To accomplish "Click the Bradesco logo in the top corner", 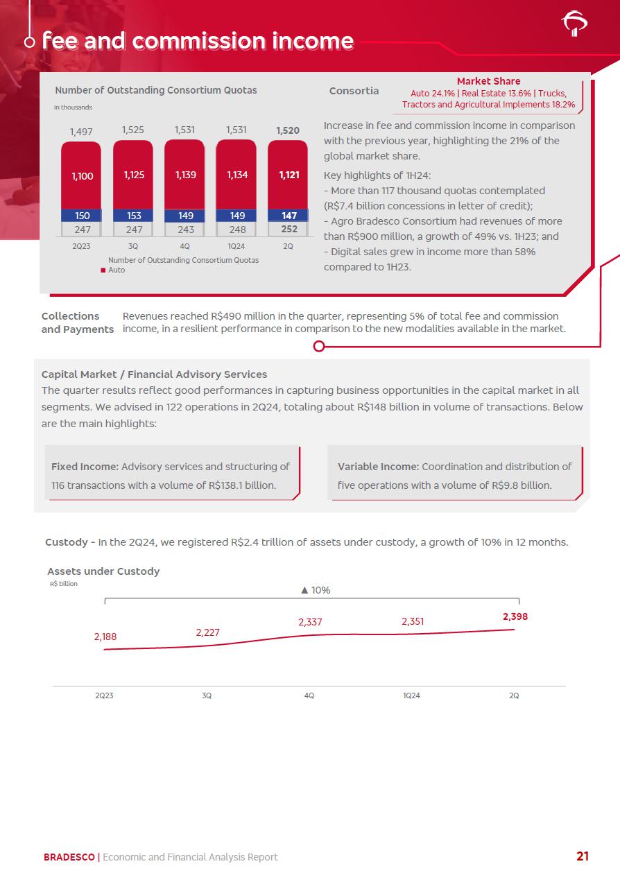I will [574, 24].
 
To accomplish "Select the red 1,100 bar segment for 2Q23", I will [82, 176].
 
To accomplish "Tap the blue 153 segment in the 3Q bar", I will [134, 216].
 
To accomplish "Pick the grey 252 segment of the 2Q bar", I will [289, 230].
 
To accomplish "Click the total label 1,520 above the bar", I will [288, 130].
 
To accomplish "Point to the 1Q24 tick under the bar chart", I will [237, 246].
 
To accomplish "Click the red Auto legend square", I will [103, 270].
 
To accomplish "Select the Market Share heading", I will [488, 81].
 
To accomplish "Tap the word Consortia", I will [354, 91].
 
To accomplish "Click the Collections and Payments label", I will [77, 322].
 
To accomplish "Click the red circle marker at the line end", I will [319, 346].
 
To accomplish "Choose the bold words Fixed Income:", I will [85, 467].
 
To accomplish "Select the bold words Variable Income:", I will [378, 467].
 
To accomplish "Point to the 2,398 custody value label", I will [515, 616].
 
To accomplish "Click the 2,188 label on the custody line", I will [106, 636].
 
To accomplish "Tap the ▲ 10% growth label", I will [315, 590].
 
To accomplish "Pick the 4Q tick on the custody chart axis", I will [309, 695].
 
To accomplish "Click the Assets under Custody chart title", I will [103, 571].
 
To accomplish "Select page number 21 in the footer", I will [583, 856].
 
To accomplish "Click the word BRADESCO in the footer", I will [69, 857].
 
